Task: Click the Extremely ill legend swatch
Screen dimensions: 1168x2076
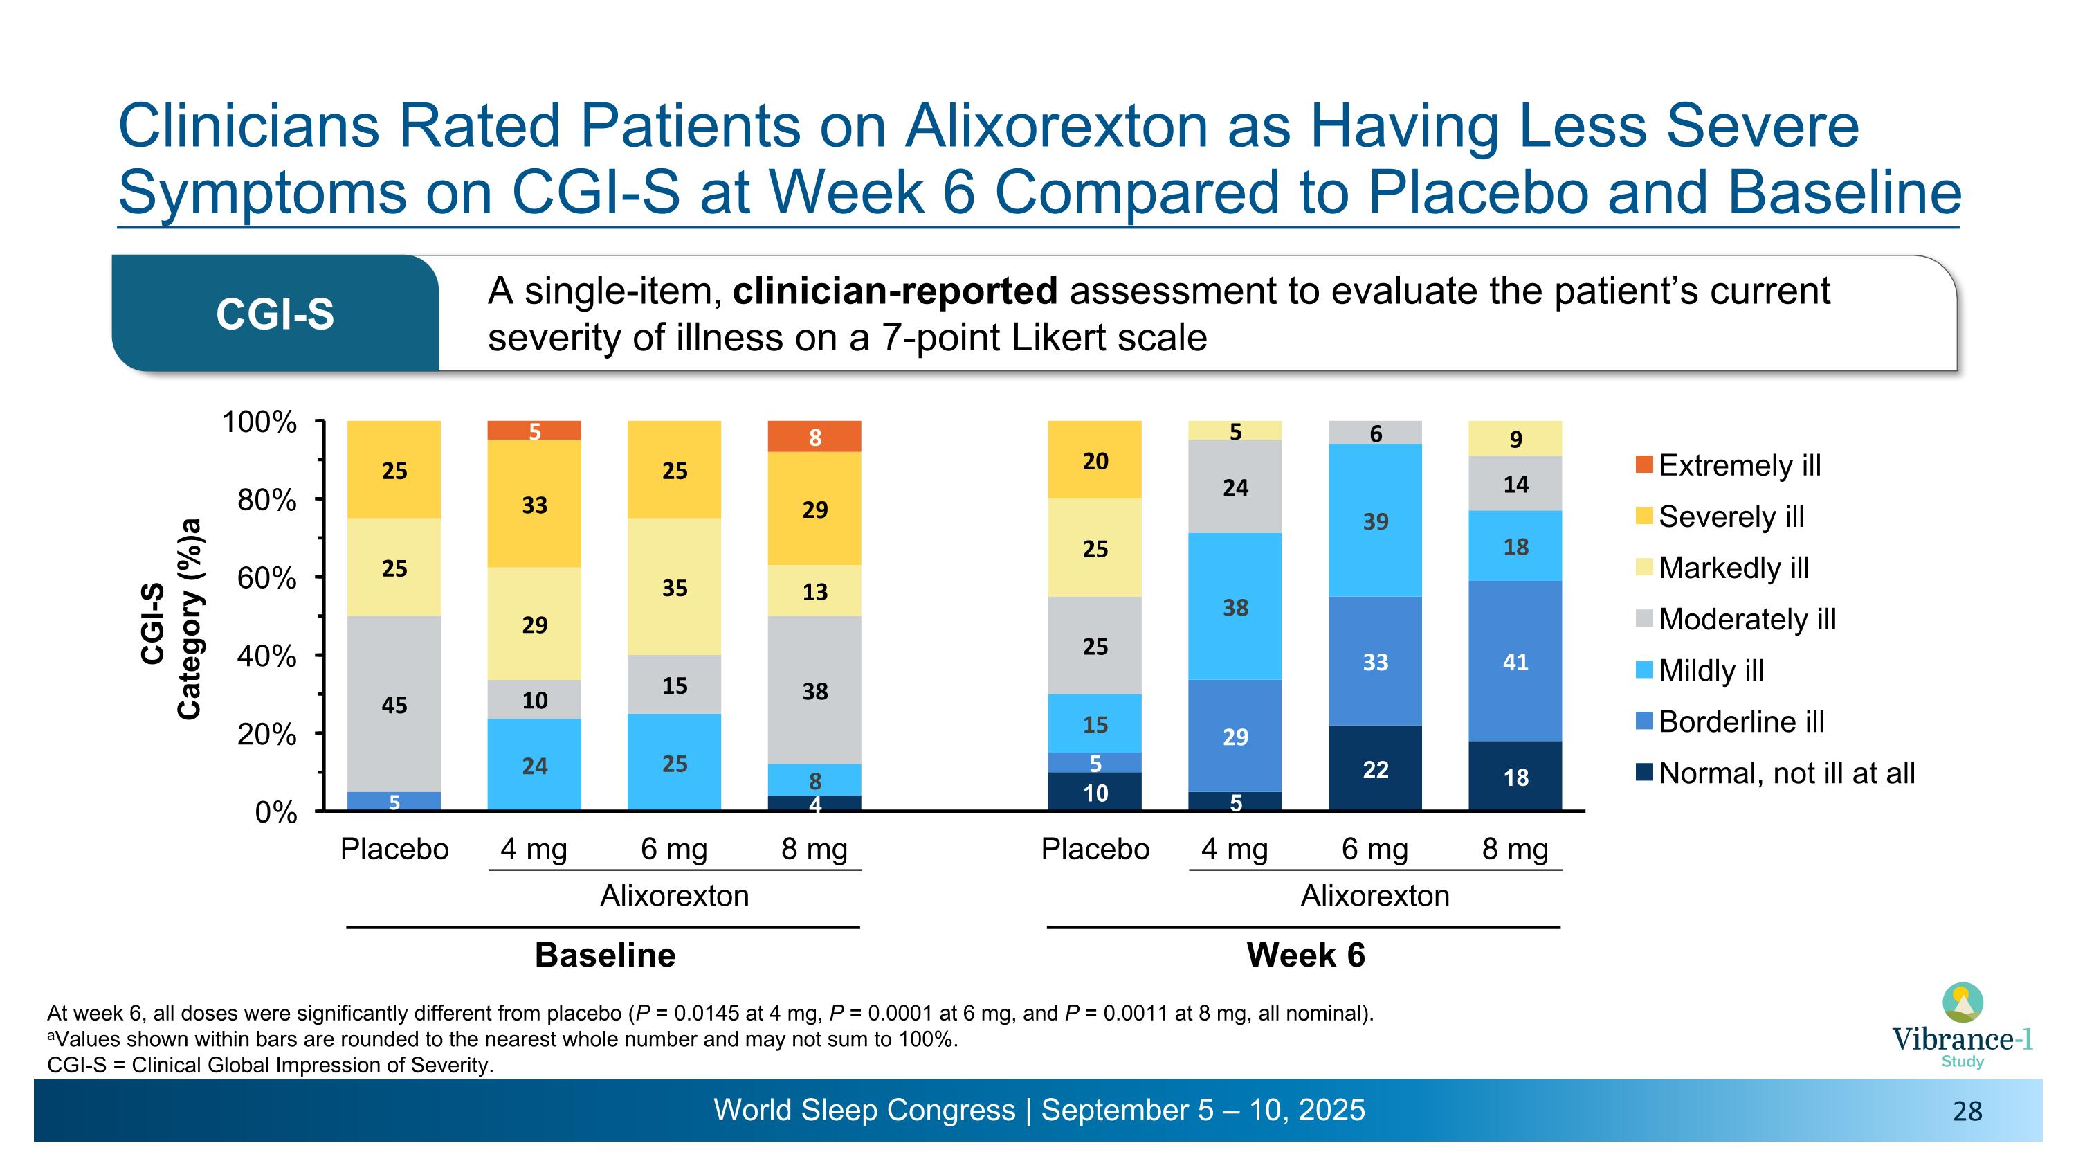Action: (1644, 465)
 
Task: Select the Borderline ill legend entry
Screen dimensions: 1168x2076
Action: (1741, 721)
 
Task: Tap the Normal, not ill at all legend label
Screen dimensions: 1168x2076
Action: (1786, 773)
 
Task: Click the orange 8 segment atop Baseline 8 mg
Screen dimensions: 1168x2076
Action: (814, 437)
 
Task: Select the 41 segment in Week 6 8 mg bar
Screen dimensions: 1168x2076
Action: (1515, 661)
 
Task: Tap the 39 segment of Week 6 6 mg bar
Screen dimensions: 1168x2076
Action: (1375, 521)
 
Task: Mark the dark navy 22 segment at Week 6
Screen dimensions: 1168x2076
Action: (1375, 769)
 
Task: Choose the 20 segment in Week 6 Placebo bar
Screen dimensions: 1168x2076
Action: (1095, 460)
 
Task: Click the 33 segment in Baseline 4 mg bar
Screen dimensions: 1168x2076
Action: (534, 505)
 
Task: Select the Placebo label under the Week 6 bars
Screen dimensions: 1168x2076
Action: (1095, 849)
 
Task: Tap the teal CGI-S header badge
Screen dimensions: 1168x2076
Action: (275, 314)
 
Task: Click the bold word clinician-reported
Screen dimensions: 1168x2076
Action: (895, 291)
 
